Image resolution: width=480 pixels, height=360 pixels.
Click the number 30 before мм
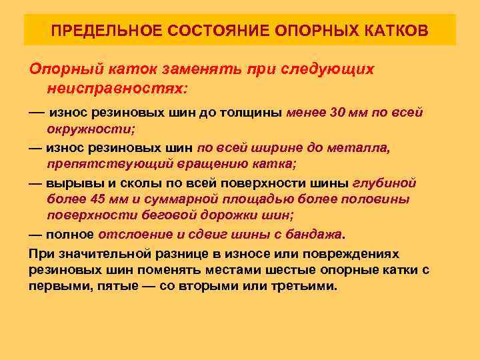pos(337,112)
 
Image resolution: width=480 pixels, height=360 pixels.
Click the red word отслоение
pos(135,235)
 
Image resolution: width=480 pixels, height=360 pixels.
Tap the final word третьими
pos(306,287)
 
